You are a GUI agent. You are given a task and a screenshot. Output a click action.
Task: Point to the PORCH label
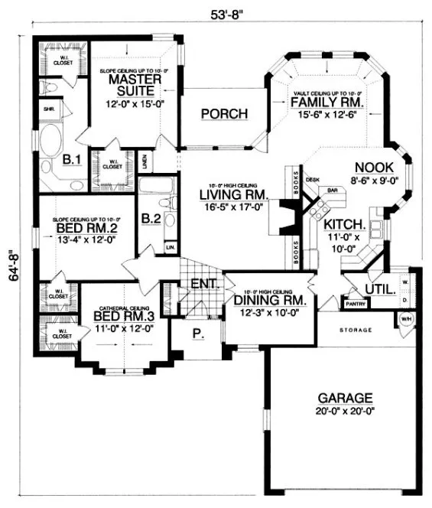coord(224,114)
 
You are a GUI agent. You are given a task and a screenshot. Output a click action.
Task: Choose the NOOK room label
coord(374,168)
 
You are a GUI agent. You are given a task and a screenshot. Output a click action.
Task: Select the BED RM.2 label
coord(86,228)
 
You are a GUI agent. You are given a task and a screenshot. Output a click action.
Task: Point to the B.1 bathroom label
coord(71,159)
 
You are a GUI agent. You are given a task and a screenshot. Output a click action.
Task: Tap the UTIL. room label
coord(379,289)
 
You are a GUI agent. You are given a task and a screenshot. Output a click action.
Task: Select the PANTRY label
coord(356,304)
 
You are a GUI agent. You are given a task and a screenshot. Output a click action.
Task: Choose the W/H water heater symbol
coord(406,319)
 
